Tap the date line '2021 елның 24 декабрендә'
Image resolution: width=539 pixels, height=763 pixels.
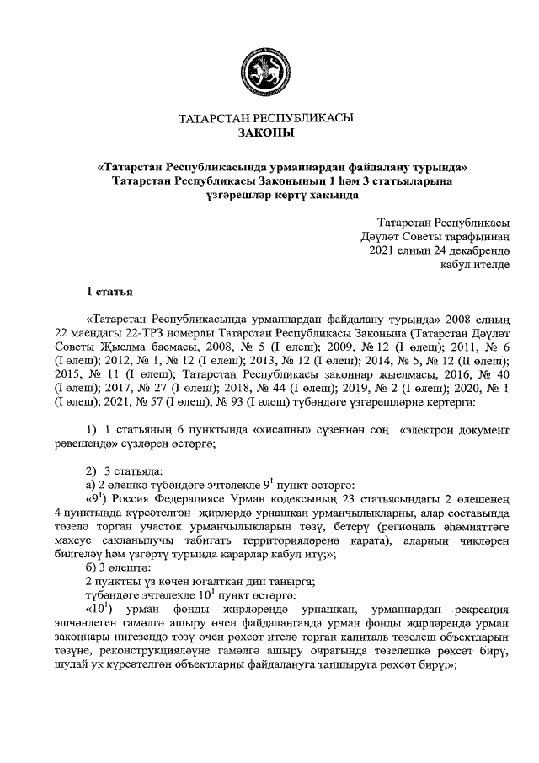pyautogui.click(x=439, y=250)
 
